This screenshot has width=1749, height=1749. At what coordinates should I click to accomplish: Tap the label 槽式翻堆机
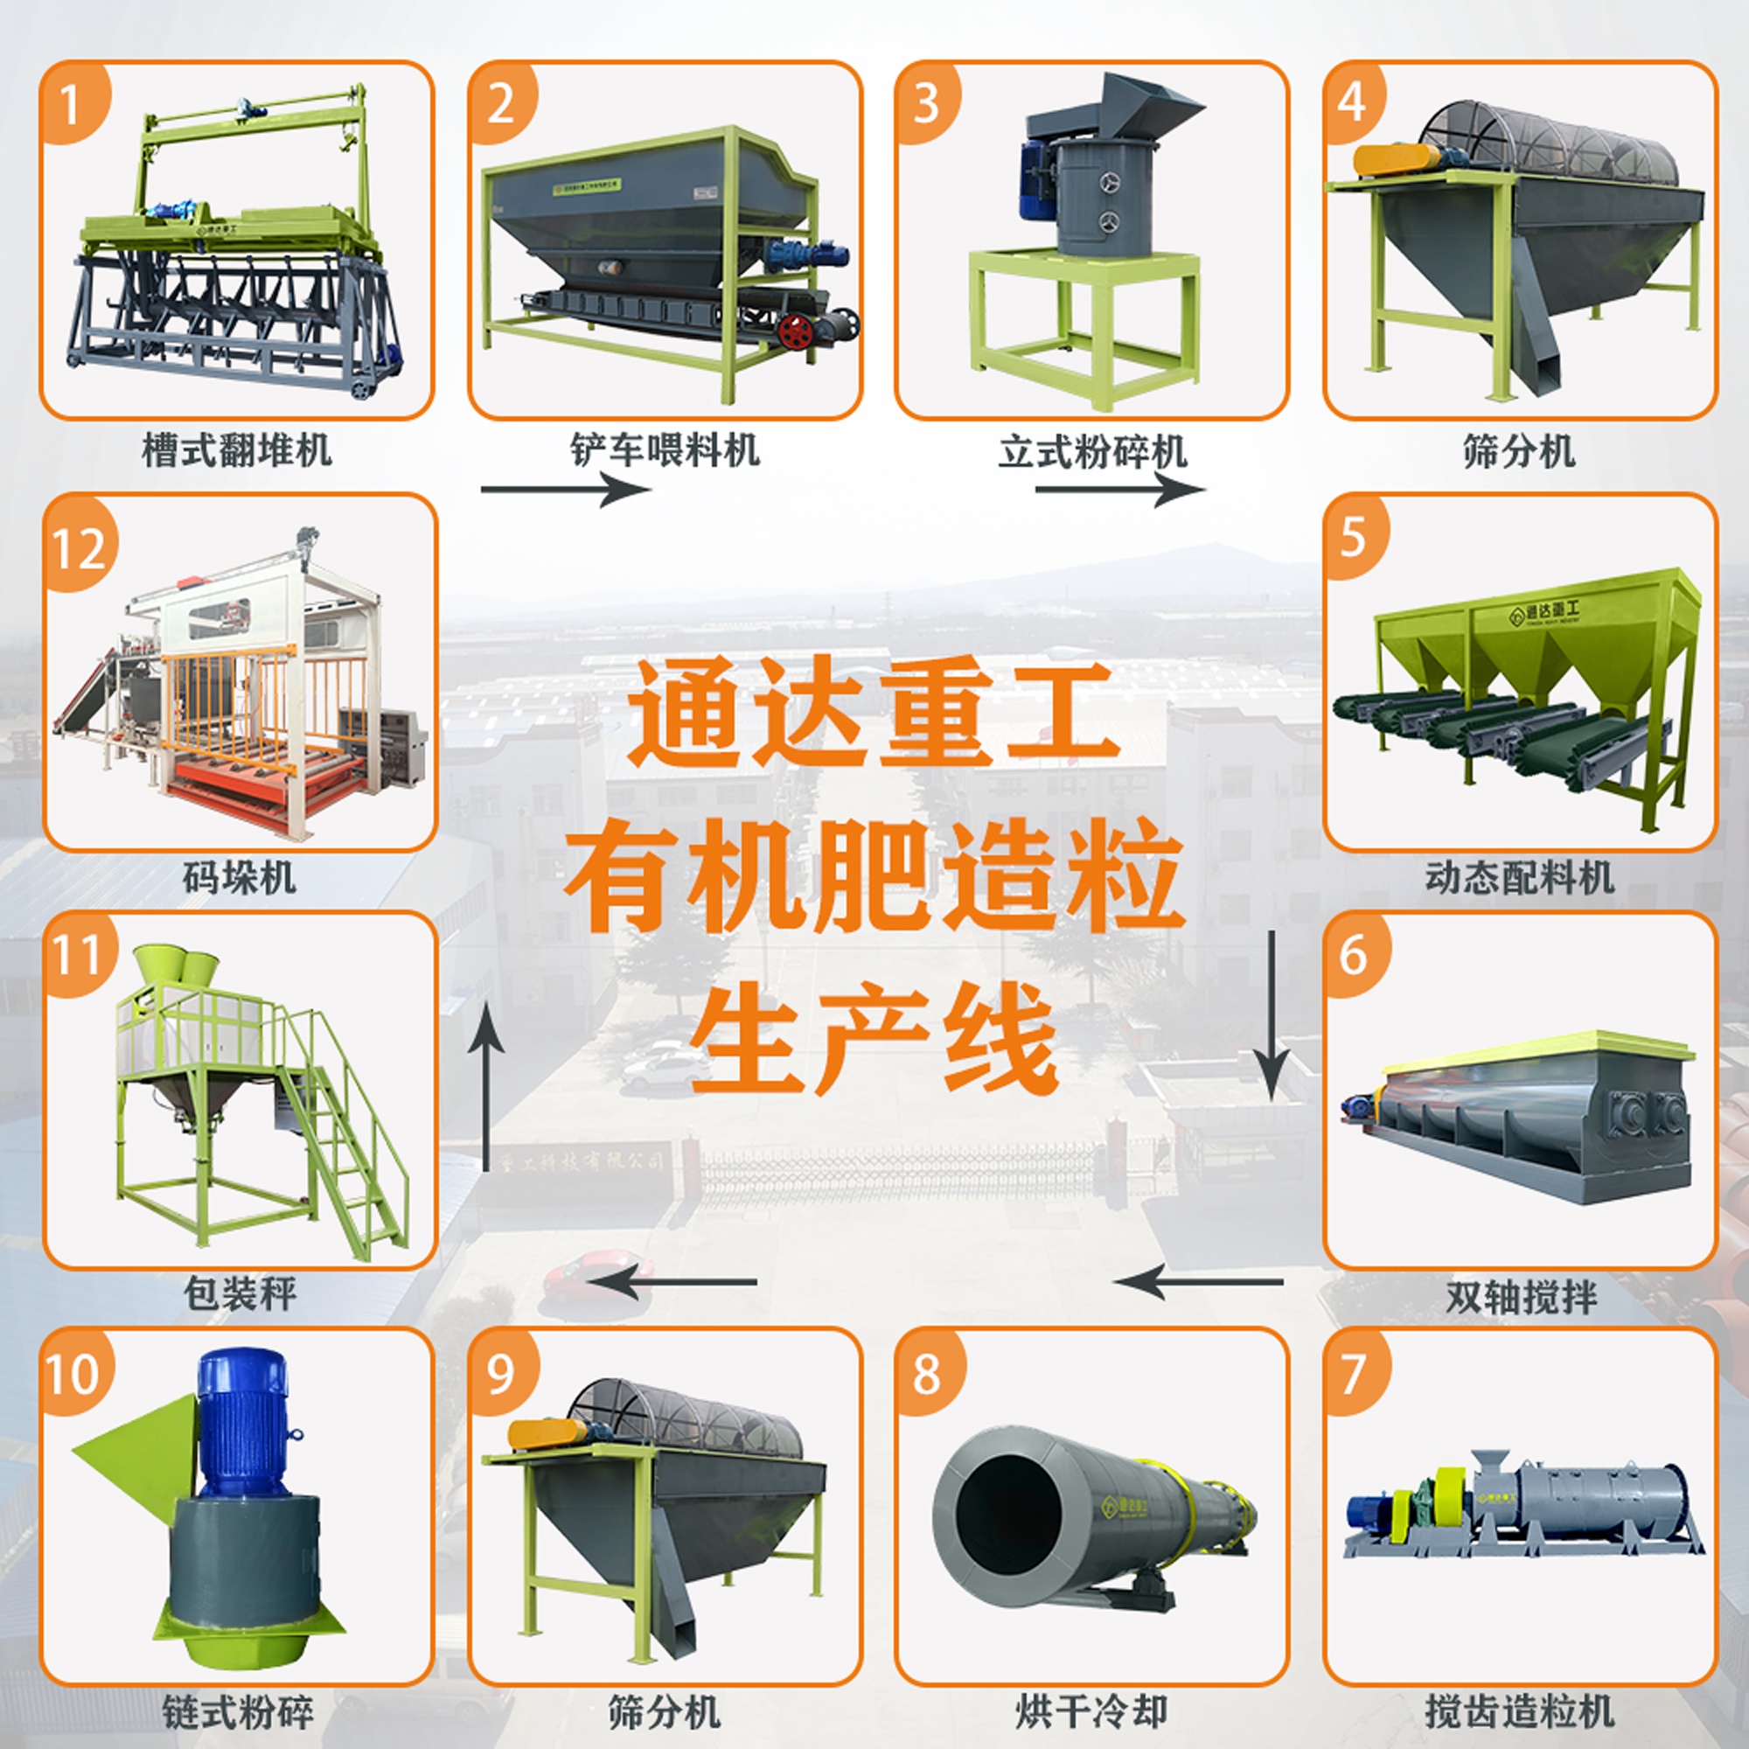tap(237, 449)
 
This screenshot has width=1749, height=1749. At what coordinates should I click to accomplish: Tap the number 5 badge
tap(1354, 537)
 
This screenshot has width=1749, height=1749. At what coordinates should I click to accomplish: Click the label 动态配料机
tap(1520, 876)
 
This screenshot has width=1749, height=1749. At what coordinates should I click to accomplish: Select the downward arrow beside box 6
tap(1271, 1014)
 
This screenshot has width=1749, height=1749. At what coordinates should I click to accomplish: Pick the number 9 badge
tap(501, 1374)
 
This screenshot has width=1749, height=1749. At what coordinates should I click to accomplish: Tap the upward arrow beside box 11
tap(486, 1086)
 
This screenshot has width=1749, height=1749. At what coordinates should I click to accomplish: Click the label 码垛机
tap(239, 876)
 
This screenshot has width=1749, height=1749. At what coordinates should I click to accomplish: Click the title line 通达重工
tap(874, 712)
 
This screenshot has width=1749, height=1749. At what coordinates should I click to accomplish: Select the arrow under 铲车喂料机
tap(566, 490)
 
